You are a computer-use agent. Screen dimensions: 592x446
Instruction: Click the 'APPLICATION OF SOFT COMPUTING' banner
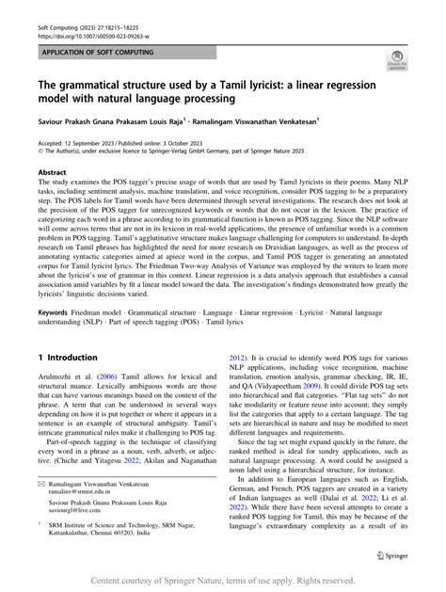point(98,44)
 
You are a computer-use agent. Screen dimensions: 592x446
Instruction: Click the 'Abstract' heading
point(52,174)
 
